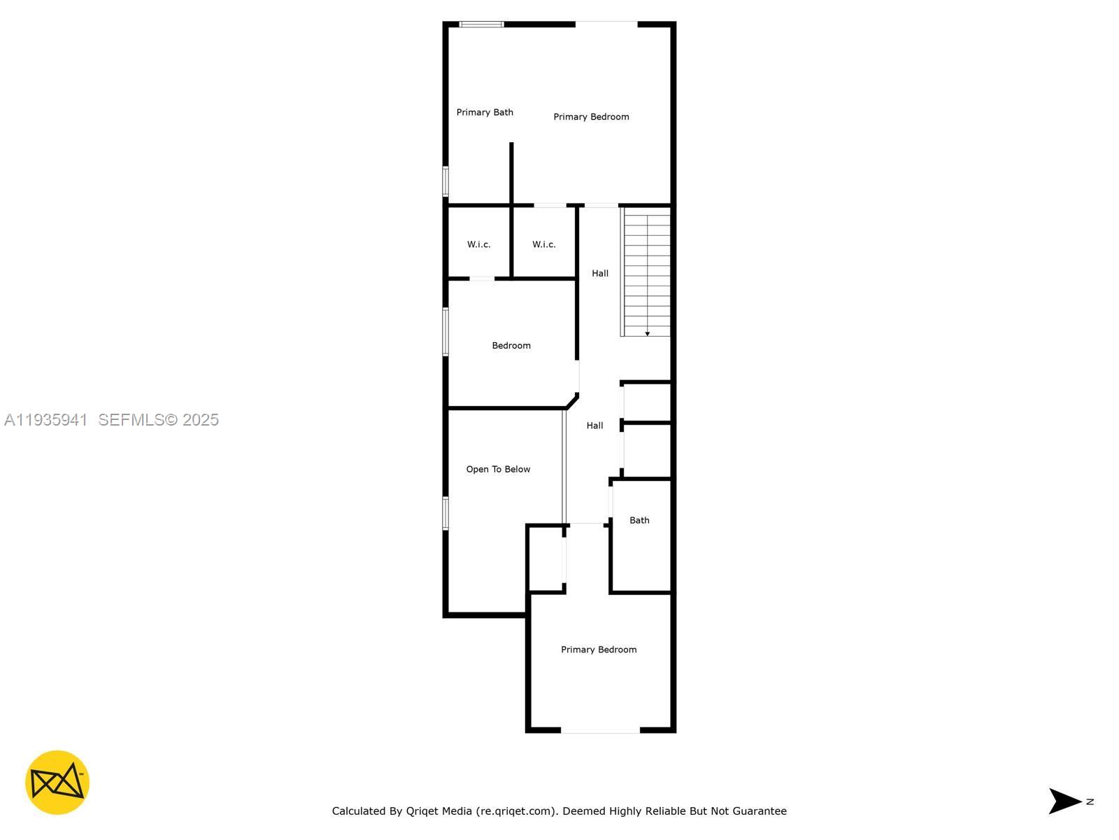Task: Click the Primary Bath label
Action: click(485, 112)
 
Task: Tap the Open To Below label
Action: click(498, 469)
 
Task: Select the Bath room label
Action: click(639, 520)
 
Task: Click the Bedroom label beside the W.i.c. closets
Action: click(511, 345)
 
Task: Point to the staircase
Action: click(647, 273)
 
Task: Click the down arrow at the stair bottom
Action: click(648, 334)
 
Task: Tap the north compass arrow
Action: click(1065, 801)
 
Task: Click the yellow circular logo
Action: click(57, 783)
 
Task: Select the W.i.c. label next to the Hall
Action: click(544, 244)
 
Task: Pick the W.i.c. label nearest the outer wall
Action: click(479, 244)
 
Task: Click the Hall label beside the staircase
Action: click(600, 273)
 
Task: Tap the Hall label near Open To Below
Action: click(594, 425)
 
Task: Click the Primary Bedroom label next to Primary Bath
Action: click(591, 117)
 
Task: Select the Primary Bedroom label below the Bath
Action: click(599, 650)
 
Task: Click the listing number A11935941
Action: click(46, 419)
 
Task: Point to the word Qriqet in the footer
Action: click(422, 811)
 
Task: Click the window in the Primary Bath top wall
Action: click(481, 24)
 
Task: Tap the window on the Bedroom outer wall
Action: click(446, 332)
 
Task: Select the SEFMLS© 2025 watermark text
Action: click(159, 419)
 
